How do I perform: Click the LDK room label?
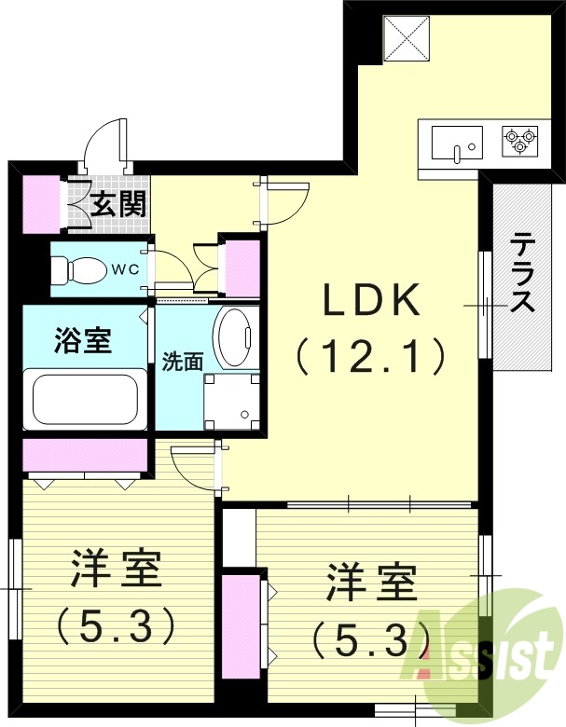point(372,301)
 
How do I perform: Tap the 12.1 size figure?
point(370,355)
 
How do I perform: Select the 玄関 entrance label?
point(119,202)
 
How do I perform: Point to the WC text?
point(126,270)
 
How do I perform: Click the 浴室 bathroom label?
point(82,341)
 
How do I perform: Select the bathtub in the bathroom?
point(85,399)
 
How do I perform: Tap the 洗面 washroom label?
point(182,361)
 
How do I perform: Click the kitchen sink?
point(456,144)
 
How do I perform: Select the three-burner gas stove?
point(518,143)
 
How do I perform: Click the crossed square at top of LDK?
point(406,36)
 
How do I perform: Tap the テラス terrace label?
point(522,274)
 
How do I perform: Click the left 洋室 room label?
point(117,569)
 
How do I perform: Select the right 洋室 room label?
point(370,584)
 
